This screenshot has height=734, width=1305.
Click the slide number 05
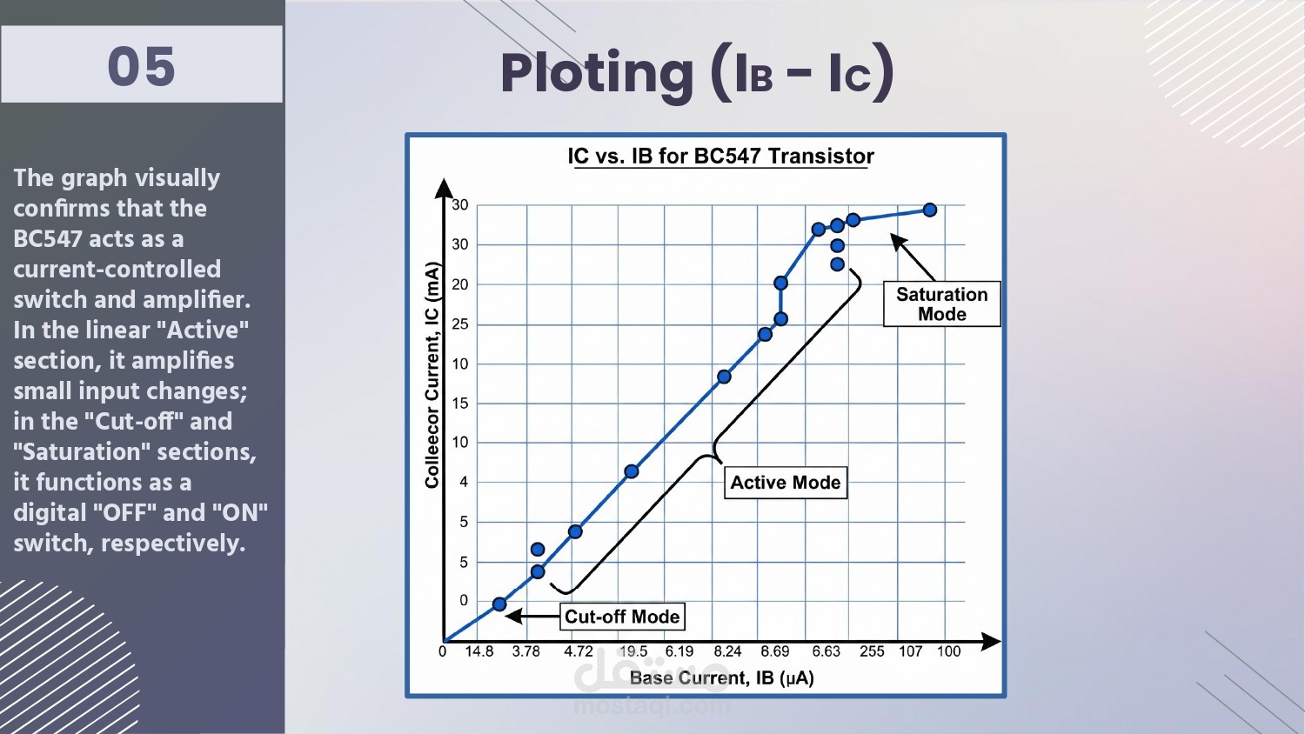(142, 67)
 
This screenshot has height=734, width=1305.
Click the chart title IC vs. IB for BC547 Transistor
(720, 157)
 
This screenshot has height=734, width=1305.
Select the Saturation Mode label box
(941, 304)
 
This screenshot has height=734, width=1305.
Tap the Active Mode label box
(786, 483)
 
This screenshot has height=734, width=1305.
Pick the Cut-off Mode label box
(622, 617)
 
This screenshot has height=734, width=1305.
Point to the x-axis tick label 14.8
(478, 651)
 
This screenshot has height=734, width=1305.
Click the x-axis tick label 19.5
(633, 651)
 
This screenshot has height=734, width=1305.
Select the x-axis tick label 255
(872, 651)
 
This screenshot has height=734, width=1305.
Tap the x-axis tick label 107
(911, 651)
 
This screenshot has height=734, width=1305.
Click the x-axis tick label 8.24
(727, 651)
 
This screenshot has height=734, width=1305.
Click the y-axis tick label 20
(460, 284)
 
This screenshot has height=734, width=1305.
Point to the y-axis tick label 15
(460, 404)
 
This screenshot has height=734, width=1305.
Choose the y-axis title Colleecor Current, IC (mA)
(432, 375)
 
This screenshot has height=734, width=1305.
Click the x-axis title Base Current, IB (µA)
(722, 678)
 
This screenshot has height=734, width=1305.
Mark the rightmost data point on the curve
(930, 210)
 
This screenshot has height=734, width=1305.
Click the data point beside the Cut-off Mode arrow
(499, 604)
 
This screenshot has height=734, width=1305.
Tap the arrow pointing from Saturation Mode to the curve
(913, 257)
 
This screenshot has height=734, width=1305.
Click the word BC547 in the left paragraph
(48, 239)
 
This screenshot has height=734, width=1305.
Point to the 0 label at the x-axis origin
(443, 651)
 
